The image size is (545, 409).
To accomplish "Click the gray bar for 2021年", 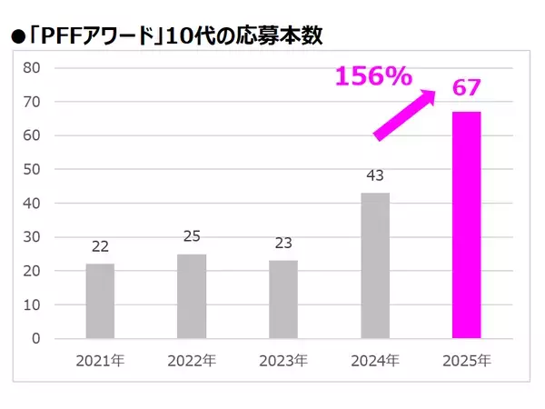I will tap(100, 301).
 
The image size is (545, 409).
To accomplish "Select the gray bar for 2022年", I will tap(192, 296).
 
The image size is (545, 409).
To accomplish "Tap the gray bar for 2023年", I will tap(283, 299).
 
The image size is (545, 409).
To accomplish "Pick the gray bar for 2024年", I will tap(375, 265).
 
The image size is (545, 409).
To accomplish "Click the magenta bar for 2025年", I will tap(467, 224).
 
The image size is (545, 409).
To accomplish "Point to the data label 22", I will tap(100, 247).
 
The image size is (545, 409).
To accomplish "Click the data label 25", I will tap(192, 237).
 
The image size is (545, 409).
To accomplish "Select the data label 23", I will tap(283, 244).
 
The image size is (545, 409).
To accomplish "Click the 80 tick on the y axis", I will tap(31, 67).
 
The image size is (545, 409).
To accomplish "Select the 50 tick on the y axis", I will tap(31, 169).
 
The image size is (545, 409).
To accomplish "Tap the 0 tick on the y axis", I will tap(35, 339).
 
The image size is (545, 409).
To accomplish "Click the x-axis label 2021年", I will tap(100, 360).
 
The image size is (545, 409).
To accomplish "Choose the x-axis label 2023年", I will tap(283, 360).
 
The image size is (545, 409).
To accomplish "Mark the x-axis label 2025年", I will tap(467, 360).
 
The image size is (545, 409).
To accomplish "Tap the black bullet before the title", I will tap(17, 38).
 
